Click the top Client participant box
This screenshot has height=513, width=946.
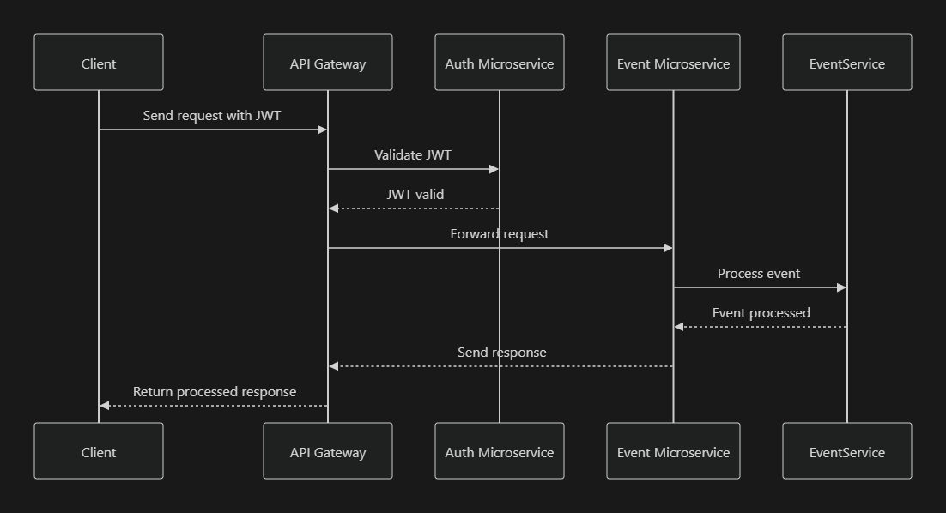(99, 63)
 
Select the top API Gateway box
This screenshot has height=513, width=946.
(328, 63)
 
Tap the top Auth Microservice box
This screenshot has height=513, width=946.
(500, 63)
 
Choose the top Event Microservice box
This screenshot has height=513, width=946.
(673, 63)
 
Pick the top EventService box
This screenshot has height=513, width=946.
(847, 63)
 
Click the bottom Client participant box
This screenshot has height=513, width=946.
(99, 451)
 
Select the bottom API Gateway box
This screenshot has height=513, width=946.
(328, 451)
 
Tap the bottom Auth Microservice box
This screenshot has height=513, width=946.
(500, 451)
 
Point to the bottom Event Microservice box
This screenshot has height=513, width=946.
(673, 451)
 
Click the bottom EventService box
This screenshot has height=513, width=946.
(847, 451)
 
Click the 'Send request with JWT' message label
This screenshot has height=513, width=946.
(212, 116)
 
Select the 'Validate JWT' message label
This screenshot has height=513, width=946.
(413, 155)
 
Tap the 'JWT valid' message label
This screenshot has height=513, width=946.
(415, 195)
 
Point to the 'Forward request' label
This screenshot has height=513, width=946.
(500, 234)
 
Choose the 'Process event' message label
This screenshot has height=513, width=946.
(759, 274)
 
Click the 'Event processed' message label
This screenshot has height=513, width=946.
(761, 313)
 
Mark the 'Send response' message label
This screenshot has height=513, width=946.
(502, 353)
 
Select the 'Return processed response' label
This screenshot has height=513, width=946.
(215, 392)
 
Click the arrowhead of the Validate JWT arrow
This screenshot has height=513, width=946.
(494, 169)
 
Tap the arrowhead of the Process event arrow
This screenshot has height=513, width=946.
(841, 287)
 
